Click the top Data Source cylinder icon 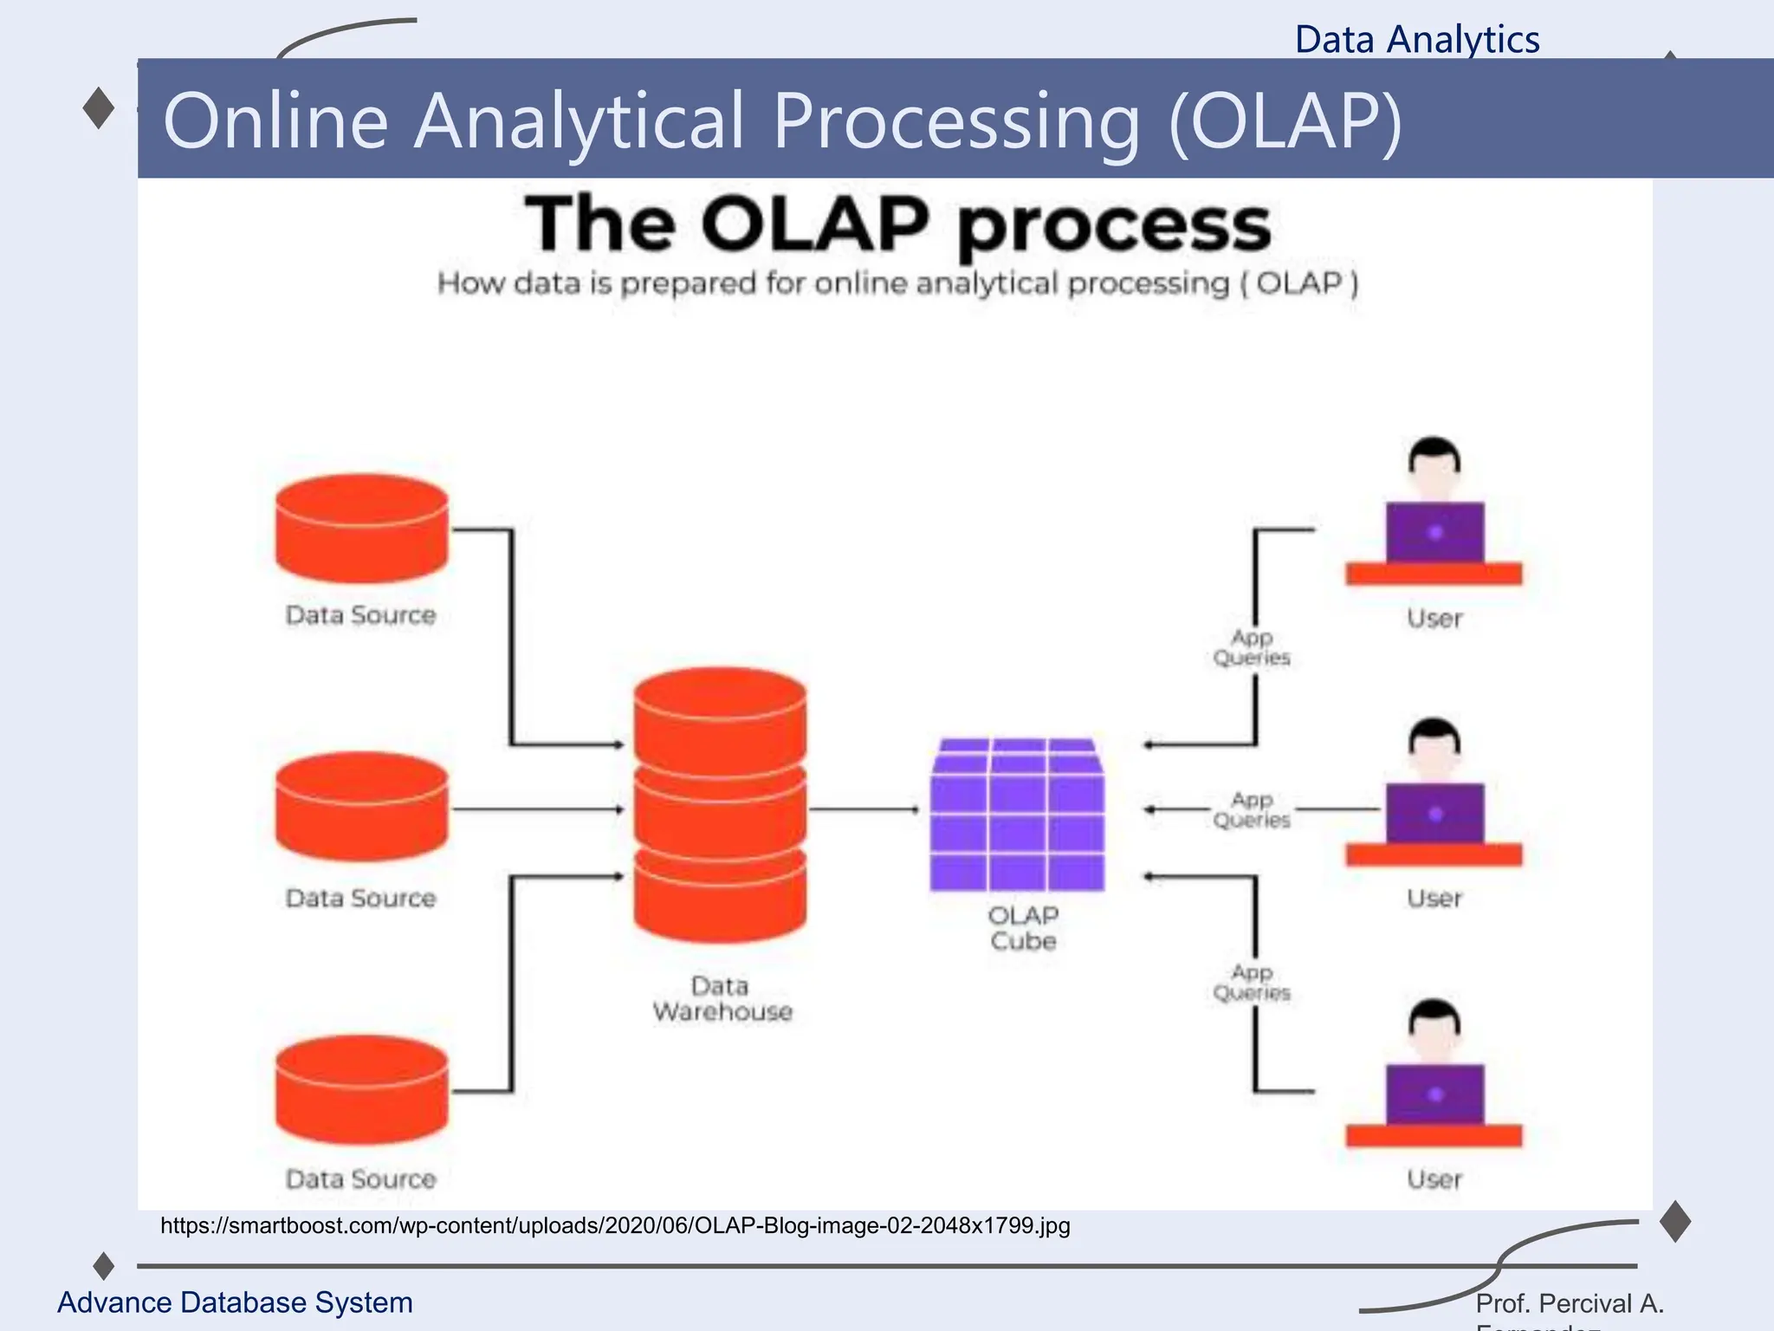pos(362,529)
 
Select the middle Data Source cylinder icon pos(362,807)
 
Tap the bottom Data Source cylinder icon pos(362,1089)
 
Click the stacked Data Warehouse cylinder pos(720,805)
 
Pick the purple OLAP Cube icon pos(1017,815)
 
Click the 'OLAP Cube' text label pos(1023,928)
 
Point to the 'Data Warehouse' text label pos(722,998)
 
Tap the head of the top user pos(1434,464)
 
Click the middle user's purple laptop pos(1434,813)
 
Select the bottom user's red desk pos(1434,1135)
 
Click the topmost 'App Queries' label pos(1252,647)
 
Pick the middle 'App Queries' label pos(1252,809)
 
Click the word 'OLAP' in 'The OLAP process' pos(815,224)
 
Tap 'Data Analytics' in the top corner pos(1417,40)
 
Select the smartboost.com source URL pos(615,1225)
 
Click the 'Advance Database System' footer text pos(235,1302)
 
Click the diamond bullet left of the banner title pos(99,108)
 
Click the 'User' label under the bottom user pos(1434,1179)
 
